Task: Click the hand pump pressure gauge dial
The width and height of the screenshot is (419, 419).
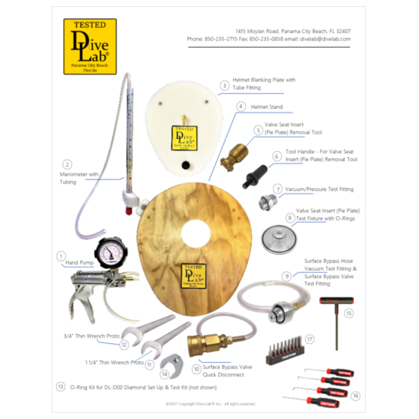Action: [x=111, y=251]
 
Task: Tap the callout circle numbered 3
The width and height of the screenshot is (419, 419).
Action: [x=224, y=85]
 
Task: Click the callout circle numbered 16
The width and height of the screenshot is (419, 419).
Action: [x=356, y=395]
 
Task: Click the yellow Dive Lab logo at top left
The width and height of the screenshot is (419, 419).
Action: [x=90, y=47]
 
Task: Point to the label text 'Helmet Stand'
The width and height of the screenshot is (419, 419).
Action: [x=267, y=107]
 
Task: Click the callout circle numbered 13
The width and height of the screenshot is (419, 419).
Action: [x=61, y=387]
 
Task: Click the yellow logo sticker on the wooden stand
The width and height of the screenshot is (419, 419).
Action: [x=193, y=276]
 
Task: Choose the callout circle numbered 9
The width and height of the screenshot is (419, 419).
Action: [x=286, y=275]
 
